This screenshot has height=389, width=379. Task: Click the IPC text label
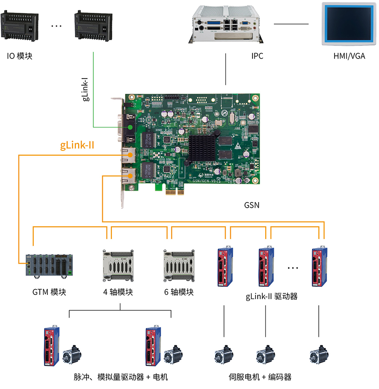pyautogui.click(x=257, y=56)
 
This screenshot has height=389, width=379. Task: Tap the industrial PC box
pyautogui.click(x=226, y=25)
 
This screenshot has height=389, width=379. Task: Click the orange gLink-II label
pyautogui.click(x=77, y=145)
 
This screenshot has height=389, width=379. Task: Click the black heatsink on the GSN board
pyautogui.click(x=202, y=147)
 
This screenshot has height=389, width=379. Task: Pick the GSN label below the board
pyautogui.click(x=252, y=205)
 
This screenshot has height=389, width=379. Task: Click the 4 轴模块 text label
pyautogui.click(x=118, y=292)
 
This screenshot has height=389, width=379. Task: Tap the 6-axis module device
pyautogui.click(x=180, y=265)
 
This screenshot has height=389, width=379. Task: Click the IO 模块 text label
pyautogui.click(x=19, y=56)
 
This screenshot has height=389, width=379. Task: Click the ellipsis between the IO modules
pyautogui.click(x=56, y=27)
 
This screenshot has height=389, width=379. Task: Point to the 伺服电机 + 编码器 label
pyautogui.click(x=260, y=377)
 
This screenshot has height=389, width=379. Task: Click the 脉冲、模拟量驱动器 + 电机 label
pyautogui.click(x=121, y=377)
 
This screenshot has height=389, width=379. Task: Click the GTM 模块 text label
pyautogui.click(x=49, y=292)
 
